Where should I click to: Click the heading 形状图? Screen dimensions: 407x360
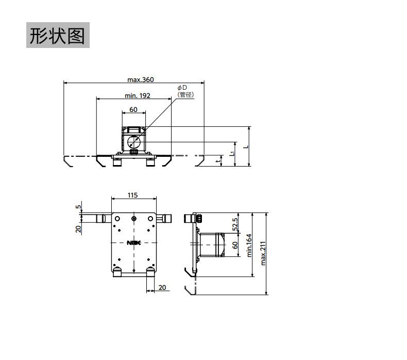pyautogui.click(x=58, y=36)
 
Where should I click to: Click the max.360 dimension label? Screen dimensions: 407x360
pyautogui.click(x=141, y=79)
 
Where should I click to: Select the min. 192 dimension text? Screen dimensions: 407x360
pyautogui.click(x=138, y=95)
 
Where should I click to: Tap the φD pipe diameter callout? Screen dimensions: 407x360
pyautogui.click(x=182, y=88)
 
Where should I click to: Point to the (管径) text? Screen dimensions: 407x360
pyautogui.click(x=185, y=94)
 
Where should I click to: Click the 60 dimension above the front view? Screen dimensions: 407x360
pyautogui.click(x=133, y=109)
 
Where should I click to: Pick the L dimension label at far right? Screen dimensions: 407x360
pyautogui.click(x=246, y=146)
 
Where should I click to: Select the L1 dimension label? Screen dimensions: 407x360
pyautogui.click(x=233, y=153)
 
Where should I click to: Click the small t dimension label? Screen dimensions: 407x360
pyautogui.click(x=218, y=161)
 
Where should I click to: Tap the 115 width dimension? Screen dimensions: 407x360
pyautogui.click(x=133, y=195)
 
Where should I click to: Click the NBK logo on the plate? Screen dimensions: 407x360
pyautogui.click(x=133, y=242)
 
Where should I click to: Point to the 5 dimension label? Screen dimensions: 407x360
pyautogui.click(x=78, y=207)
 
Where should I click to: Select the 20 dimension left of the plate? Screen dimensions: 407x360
pyautogui.click(x=79, y=228)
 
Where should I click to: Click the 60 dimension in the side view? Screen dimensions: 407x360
pyautogui.click(x=235, y=246)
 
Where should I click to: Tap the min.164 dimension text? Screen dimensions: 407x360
pyautogui.click(x=249, y=245)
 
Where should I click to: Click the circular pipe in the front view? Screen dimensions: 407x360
pyautogui.click(x=133, y=141)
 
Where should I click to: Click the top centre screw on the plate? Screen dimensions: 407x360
pyautogui.click(x=134, y=219)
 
